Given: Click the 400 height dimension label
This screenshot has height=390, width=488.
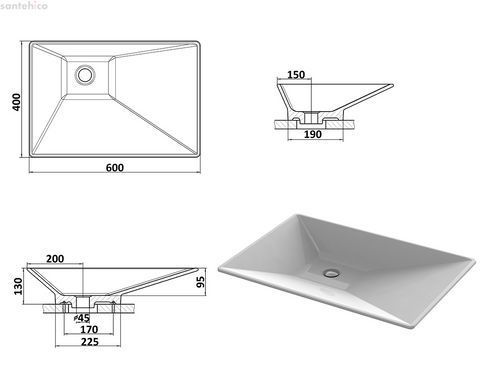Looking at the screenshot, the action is (x=16, y=102).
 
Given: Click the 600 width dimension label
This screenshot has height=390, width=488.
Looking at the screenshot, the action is (x=115, y=167).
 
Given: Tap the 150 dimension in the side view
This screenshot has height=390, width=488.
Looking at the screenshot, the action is (x=296, y=75).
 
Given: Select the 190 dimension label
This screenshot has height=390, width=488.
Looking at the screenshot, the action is (x=313, y=134).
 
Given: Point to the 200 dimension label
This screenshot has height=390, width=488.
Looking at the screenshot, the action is (x=55, y=259).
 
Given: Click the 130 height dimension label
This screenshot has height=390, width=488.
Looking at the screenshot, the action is (x=18, y=286).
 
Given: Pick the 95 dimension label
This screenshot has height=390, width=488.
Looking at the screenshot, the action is (x=201, y=282).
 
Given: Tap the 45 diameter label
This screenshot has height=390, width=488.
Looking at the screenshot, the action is (x=82, y=318).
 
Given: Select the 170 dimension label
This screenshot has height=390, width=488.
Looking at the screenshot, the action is (x=89, y=329).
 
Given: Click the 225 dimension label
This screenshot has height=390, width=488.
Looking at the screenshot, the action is (x=90, y=342).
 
